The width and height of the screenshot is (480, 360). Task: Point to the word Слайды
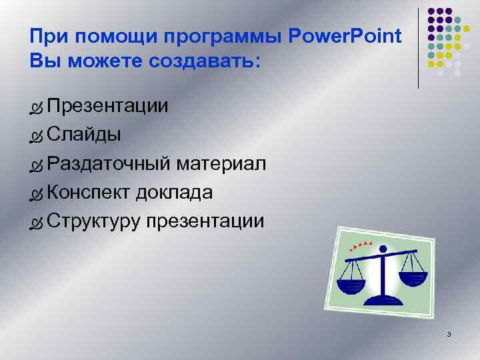pos(84,135)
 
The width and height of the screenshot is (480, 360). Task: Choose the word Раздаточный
pos(111,164)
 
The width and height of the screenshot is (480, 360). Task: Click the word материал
pos(224,164)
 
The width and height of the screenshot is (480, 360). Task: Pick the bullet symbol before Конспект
pos(36,194)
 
